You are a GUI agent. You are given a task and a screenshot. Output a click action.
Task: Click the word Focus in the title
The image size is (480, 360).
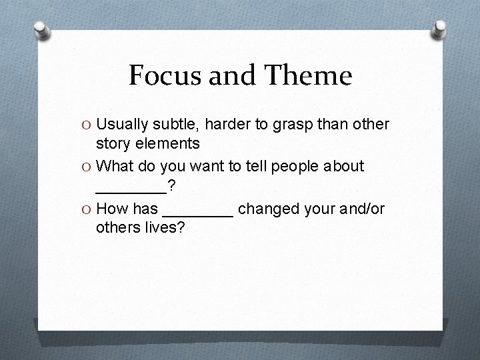pos(163,76)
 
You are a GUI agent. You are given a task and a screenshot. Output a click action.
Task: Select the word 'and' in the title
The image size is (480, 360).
pos(227,76)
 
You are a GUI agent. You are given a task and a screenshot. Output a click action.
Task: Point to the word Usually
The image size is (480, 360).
pos(124,125)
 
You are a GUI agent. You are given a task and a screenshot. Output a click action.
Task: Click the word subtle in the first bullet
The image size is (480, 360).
pos(178,125)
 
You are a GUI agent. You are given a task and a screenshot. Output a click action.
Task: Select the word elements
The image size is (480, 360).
pos(171,143)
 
